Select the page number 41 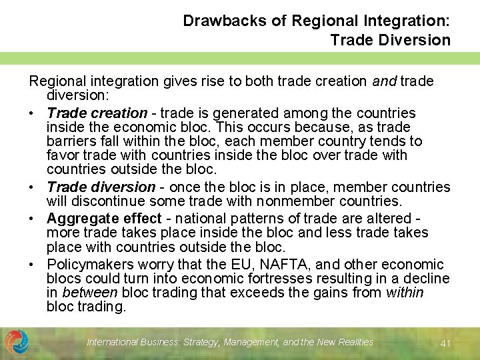pyautogui.click(x=446, y=343)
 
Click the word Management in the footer pyautogui.click(x=252, y=342)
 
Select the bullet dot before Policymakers pyautogui.click(x=33, y=265)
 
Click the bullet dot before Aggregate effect pyautogui.click(x=33, y=219)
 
